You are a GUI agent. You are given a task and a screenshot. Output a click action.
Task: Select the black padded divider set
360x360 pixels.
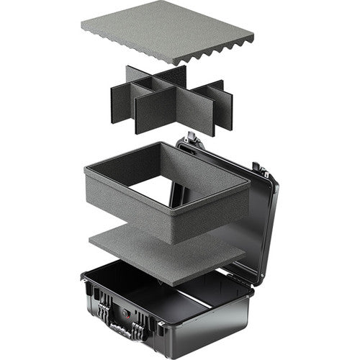click(x=173, y=101)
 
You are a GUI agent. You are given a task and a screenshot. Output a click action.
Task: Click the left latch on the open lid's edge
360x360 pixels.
click(x=190, y=138)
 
